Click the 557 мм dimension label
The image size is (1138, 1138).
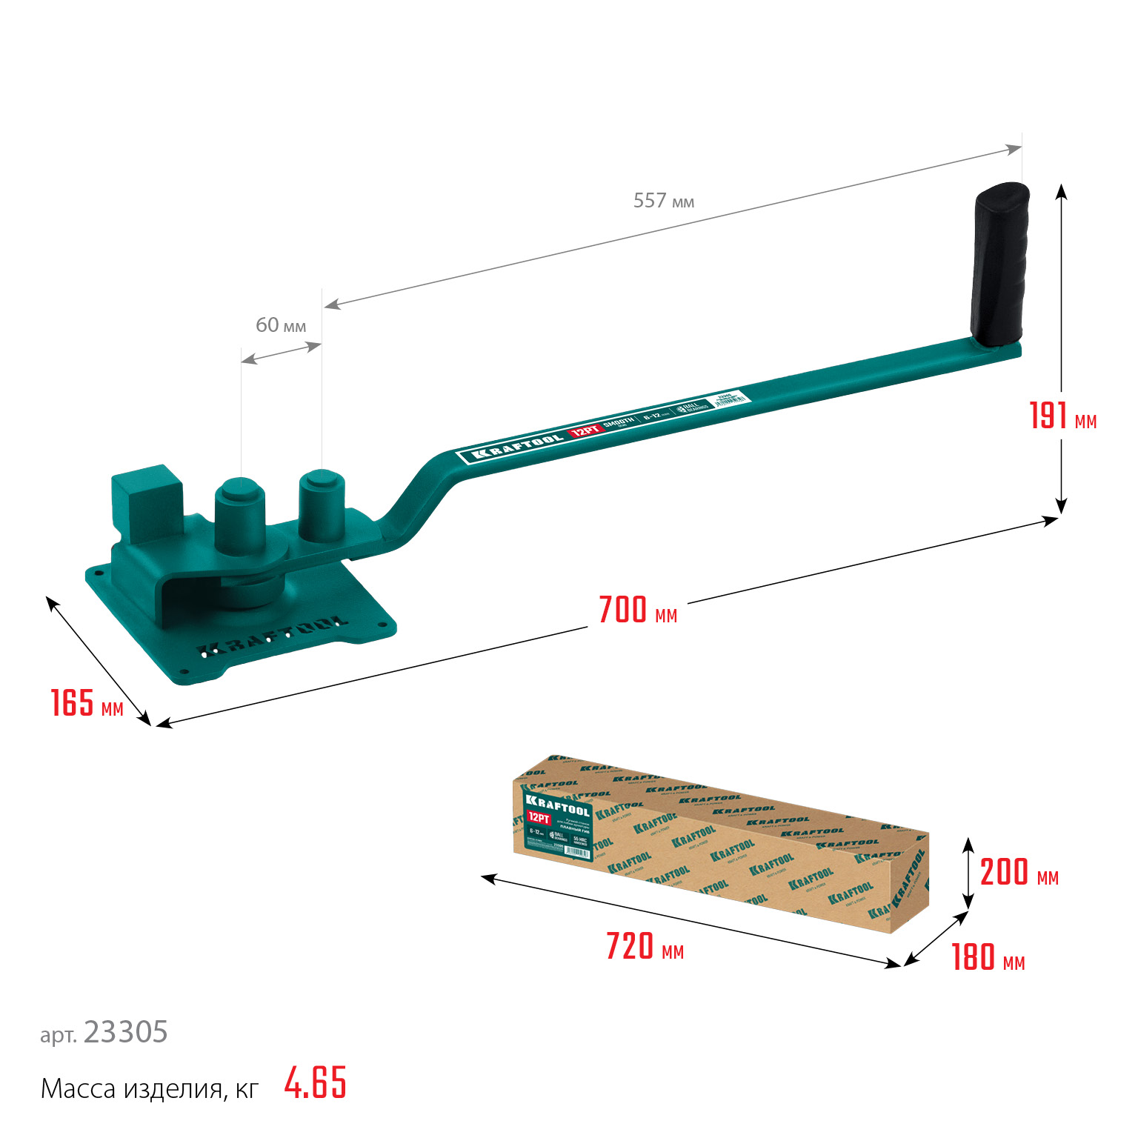click(663, 201)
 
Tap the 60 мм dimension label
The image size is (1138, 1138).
click(280, 325)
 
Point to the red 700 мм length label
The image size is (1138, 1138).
click(637, 610)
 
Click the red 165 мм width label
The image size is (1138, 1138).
click(86, 703)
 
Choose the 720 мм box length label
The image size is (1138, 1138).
click(644, 947)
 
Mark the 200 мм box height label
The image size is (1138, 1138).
click(1019, 873)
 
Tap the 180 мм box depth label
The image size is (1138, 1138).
click(988, 958)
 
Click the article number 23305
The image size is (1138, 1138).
click(125, 1032)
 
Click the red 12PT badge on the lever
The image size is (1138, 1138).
click(585, 431)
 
